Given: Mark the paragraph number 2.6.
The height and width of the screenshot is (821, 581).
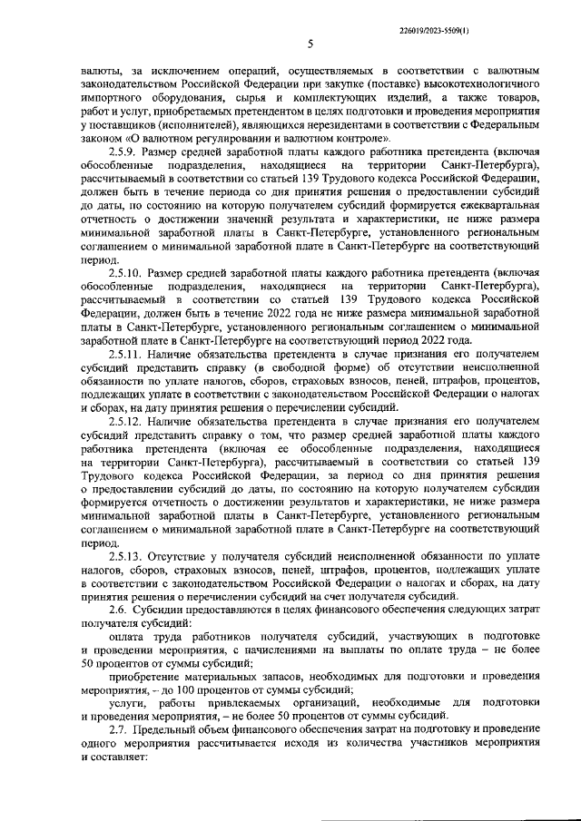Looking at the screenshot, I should point(120,611).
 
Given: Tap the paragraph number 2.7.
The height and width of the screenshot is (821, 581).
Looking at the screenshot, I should point(120,730).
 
